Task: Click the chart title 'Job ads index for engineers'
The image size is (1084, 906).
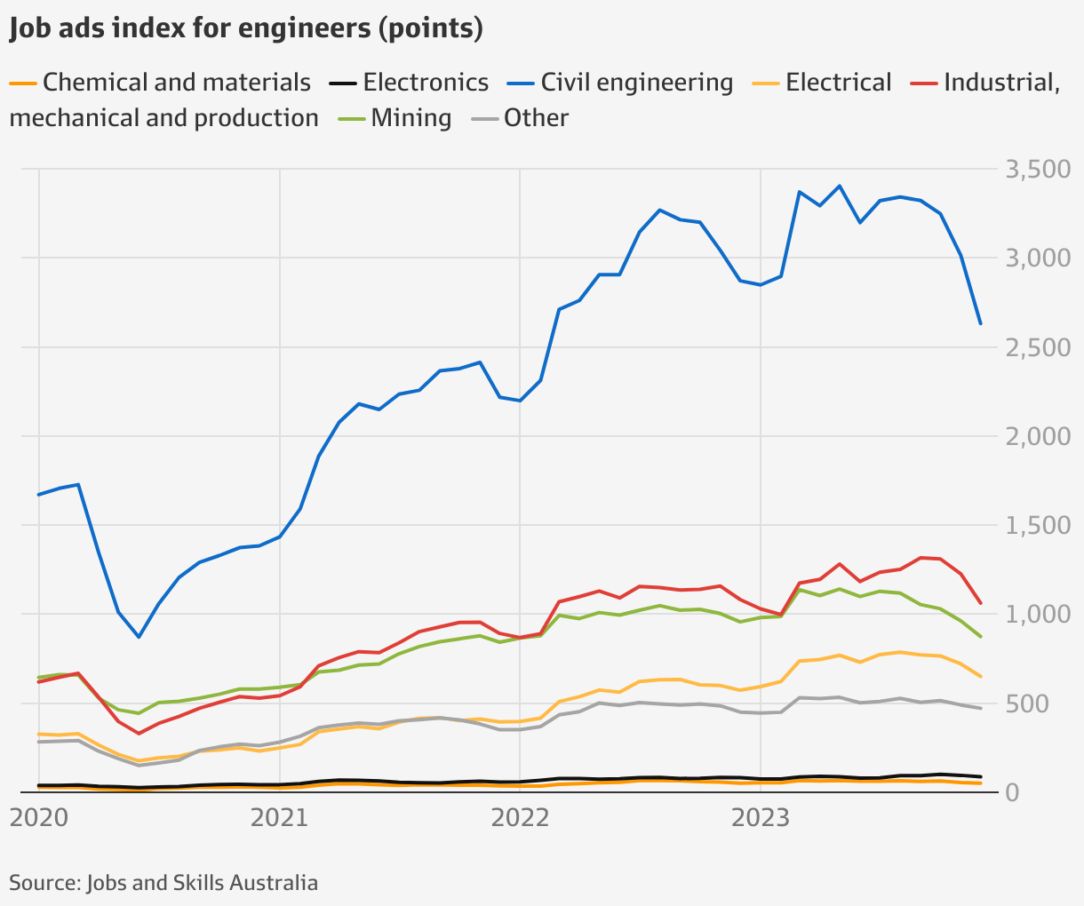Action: tap(246, 28)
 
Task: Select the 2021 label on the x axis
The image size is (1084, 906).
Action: tap(280, 817)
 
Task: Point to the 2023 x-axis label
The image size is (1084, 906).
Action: tap(761, 817)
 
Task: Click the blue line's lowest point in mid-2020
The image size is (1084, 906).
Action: tap(139, 637)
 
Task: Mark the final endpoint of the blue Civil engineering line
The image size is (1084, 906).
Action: tap(980, 324)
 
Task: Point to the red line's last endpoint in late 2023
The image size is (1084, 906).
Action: tap(980, 603)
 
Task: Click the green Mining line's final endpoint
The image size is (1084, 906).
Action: tap(980, 637)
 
